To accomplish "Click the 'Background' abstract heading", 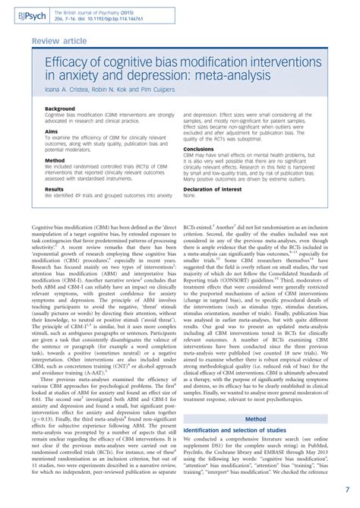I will coord(60,109).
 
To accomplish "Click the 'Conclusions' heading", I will coord(199,148).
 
